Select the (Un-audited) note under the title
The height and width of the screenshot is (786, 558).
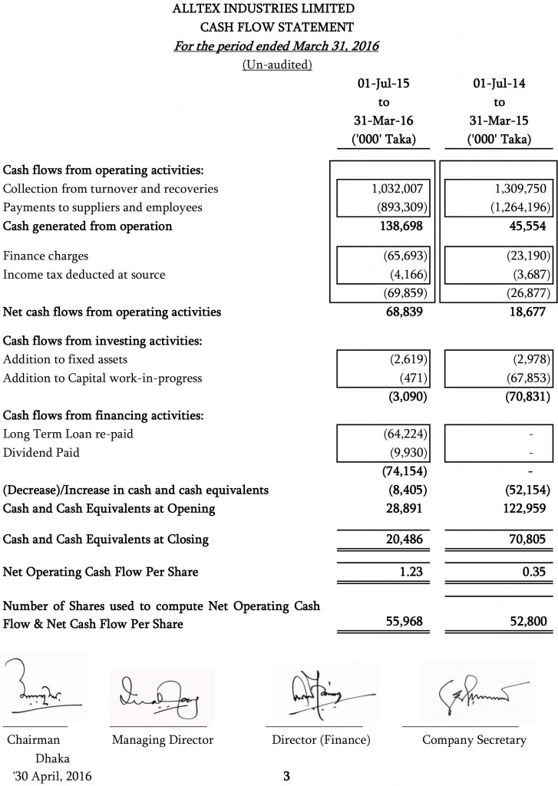(x=277, y=64)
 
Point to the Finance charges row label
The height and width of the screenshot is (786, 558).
(x=45, y=256)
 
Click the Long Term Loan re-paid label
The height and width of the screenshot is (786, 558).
(x=68, y=434)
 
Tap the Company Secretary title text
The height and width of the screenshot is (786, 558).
(x=474, y=740)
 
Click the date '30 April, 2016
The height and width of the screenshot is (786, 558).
(x=51, y=776)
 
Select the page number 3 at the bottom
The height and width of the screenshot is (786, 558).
(x=286, y=776)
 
